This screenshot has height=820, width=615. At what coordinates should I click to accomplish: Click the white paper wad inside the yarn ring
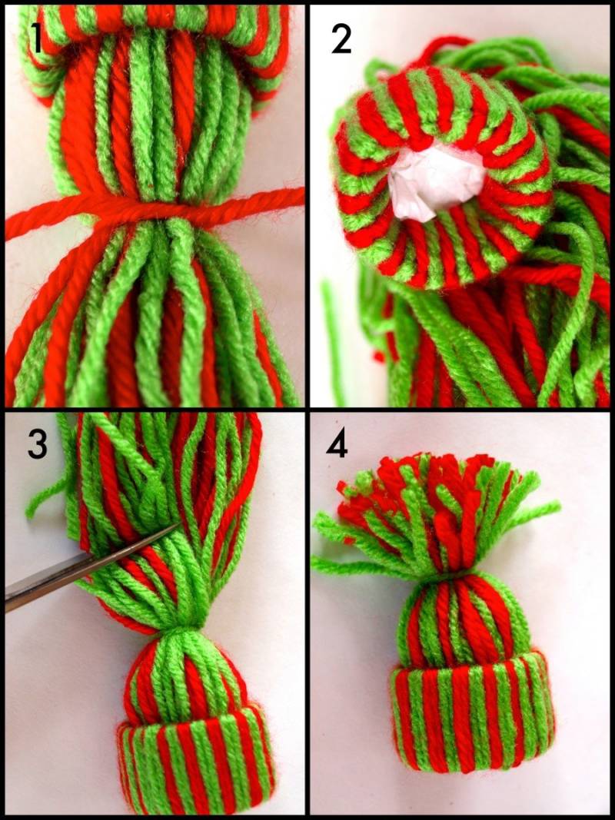click(437, 183)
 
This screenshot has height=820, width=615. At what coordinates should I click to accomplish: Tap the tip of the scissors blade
click(181, 523)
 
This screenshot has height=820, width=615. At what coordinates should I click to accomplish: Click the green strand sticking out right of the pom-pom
click(536, 513)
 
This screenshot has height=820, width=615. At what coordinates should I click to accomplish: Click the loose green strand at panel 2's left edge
click(332, 335)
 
